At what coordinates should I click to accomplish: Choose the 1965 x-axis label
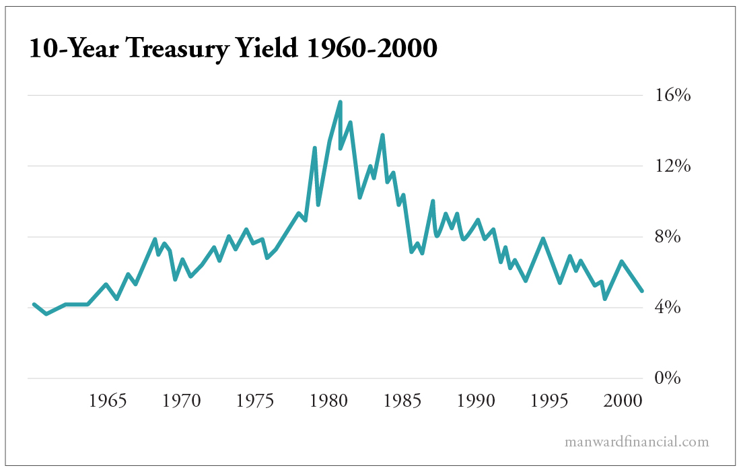coord(108,401)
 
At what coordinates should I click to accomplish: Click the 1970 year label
coord(182,401)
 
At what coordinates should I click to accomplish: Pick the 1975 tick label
coord(254,401)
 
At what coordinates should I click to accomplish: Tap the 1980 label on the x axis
coord(328,401)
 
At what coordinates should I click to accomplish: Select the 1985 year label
coord(402,401)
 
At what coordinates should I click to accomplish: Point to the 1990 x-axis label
coord(475,401)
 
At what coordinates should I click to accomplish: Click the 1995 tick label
coord(549,401)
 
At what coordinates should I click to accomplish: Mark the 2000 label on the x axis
coord(621,401)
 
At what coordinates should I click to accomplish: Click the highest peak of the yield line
coord(341,102)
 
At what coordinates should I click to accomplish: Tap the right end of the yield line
coord(642,291)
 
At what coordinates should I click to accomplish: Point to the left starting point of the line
coord(34,304)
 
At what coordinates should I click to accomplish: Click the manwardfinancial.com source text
coord(637,442)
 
